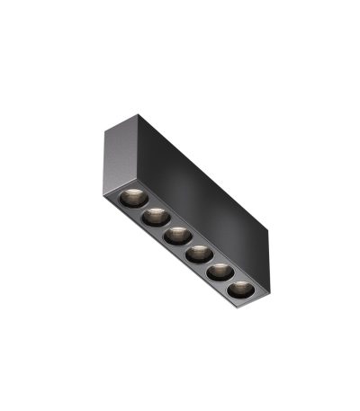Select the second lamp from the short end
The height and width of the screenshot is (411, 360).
[x=154, y=216]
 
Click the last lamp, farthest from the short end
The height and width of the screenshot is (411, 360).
[x=240, y=290]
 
